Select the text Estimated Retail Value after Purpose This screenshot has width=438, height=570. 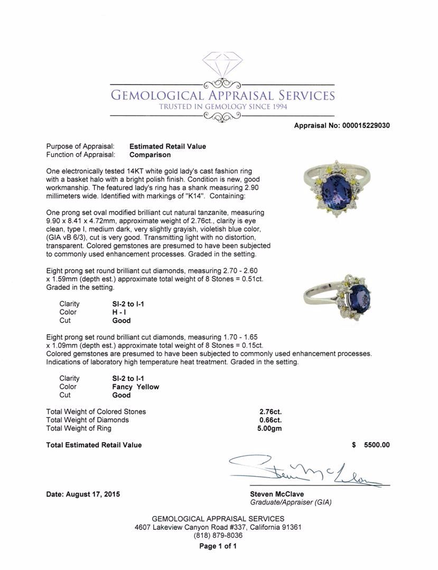click(x=167, y=146)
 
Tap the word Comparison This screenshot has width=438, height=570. click(x=150, y=155)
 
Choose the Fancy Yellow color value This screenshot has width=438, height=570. click(x=135, y=386)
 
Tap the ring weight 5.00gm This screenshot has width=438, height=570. click(x=269, y=428)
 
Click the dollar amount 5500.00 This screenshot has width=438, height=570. click(x=377, y=445)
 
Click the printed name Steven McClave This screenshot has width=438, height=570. click(x=277, y=495)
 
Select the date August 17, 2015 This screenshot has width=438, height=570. click(x=83, y=495)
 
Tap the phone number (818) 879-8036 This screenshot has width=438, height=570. click(x=218, y=535)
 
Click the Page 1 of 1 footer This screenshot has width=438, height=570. click(x=218, y=546)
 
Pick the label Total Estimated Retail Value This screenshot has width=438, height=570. click(x=94, y=445)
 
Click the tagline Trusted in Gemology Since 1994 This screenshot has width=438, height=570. click(x=222, y=107)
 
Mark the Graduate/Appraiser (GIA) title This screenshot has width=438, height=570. click(x=291, y=502)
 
